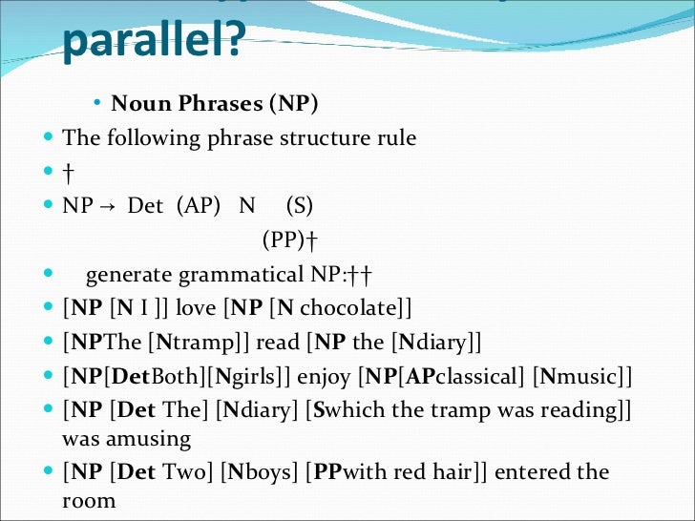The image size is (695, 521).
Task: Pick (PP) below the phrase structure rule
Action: (284, 240)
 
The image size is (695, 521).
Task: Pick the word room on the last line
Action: (89, 501)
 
